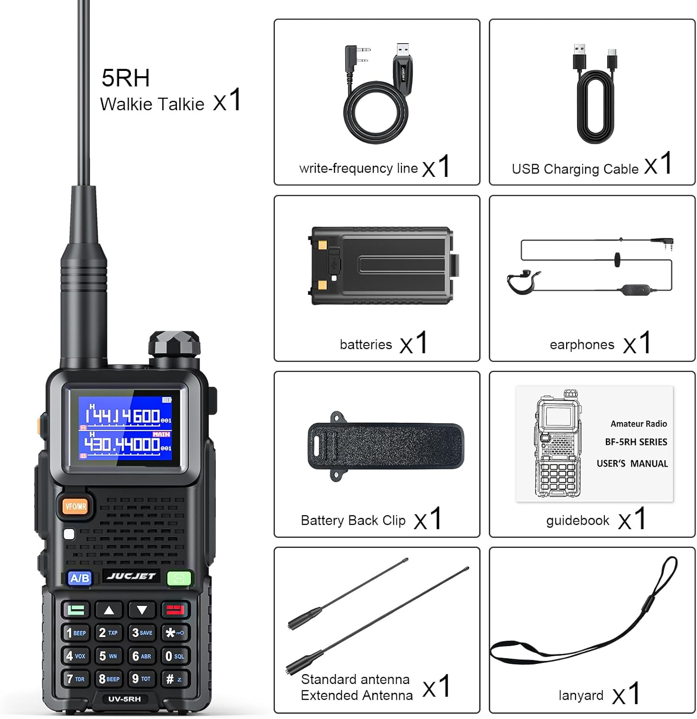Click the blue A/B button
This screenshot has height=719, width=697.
coord(80,578)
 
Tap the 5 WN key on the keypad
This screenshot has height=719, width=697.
coord(108,656)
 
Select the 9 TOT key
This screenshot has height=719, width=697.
coord(142,678)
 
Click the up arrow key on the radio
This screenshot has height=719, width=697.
coord(109,610)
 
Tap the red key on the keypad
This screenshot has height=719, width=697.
coord(175,610)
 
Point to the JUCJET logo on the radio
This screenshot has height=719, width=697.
coord(131,576)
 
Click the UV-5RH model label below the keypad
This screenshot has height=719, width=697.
coord(125,699)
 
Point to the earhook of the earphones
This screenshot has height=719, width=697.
coord(523,282)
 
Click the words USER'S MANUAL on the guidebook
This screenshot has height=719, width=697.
coord(632,464)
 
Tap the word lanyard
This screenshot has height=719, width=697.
coord(581,695)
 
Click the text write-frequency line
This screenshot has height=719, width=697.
coord(358,168)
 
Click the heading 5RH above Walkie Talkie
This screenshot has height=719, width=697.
coord(126,78)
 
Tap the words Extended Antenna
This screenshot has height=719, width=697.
coord(356,695)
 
